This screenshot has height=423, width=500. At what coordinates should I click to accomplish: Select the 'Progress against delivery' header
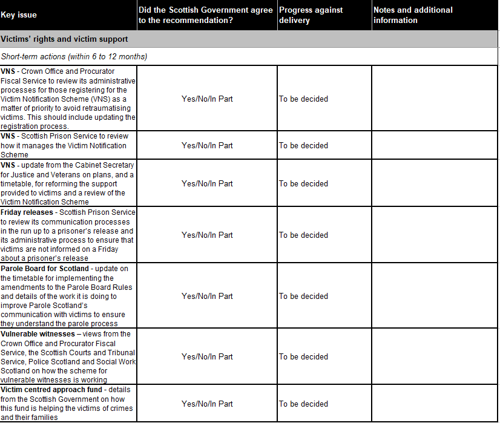coord(311,15)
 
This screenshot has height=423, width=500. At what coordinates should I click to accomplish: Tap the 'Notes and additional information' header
coord(412,15)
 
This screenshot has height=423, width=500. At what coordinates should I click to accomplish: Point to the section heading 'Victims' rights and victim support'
coord(64,39)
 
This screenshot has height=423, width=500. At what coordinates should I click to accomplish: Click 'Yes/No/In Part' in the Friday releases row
coord(207,235)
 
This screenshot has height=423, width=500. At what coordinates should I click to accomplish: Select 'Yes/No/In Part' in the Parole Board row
coord(207,296)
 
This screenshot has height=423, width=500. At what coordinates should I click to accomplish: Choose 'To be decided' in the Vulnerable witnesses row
coord(303,356)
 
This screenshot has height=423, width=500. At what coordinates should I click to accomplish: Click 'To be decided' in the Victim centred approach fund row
coord(303,404)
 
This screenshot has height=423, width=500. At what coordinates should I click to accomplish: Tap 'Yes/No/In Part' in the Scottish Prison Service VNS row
coord(207,145)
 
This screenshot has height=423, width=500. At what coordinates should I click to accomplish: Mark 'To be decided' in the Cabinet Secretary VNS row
coord(303,183)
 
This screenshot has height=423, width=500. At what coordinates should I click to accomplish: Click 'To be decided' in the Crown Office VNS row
coord(303,99)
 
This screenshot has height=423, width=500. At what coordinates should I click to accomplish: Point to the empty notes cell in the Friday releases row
coord(435,235)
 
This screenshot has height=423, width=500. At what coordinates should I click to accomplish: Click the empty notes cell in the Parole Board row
coord(435,296)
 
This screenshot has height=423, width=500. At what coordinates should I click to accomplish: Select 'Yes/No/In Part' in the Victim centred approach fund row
coord(207,404)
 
